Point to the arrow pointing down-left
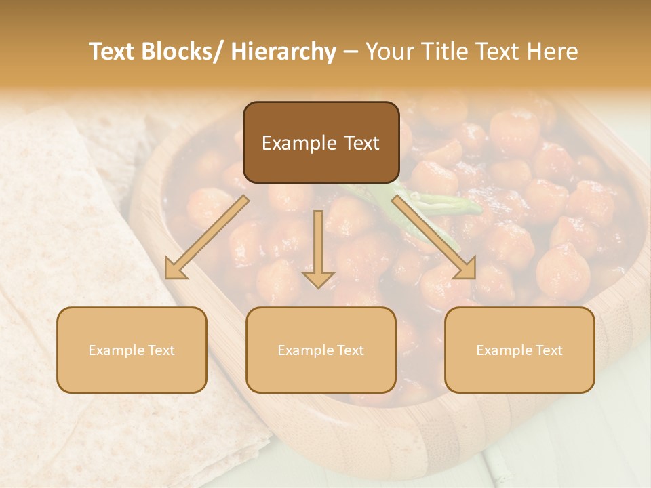[207, 237]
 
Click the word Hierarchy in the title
[283, 52]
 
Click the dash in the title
[351, 52]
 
